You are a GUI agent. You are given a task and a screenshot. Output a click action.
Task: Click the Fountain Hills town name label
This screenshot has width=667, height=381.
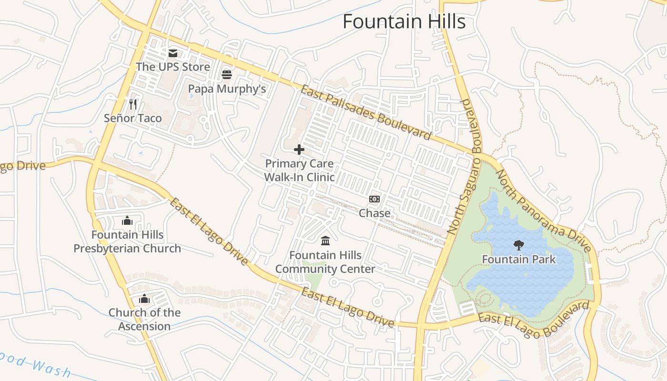coord(404,22)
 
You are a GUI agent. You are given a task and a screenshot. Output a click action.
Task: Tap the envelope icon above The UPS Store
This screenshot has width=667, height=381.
coord(173,53)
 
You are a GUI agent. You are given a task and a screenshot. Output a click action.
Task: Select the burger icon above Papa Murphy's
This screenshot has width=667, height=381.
coord(227,75)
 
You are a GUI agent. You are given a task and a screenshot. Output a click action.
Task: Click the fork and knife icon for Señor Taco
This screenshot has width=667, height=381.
coord(133,104)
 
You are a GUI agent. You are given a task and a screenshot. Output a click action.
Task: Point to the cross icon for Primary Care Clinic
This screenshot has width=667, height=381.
coord(299,150)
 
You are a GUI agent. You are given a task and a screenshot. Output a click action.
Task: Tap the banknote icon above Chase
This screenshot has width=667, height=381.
coord(374,199)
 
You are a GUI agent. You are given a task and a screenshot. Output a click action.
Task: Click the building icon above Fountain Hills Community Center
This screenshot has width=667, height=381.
coord(325,241)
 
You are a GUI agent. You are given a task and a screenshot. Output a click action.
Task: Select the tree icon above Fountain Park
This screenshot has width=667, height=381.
coord(518,245)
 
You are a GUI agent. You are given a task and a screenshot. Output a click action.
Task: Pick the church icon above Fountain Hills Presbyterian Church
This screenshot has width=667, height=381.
coord(127,221)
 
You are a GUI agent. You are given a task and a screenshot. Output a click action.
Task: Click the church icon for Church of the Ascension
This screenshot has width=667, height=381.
coord(144,299)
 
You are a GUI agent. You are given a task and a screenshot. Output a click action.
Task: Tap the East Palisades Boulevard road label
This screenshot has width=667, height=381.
coord(366,113)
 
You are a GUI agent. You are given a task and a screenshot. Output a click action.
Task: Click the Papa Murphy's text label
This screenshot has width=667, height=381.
coord(227,89)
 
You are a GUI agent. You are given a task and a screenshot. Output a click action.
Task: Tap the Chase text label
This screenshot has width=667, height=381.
coord(374,213)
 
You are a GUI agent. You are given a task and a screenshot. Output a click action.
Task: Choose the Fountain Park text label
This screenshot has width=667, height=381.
coord(519,260)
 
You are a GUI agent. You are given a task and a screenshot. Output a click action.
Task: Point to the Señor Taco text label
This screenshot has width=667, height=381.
coord(133,118)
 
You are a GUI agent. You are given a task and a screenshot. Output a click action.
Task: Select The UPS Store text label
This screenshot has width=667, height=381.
coord(173,67)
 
